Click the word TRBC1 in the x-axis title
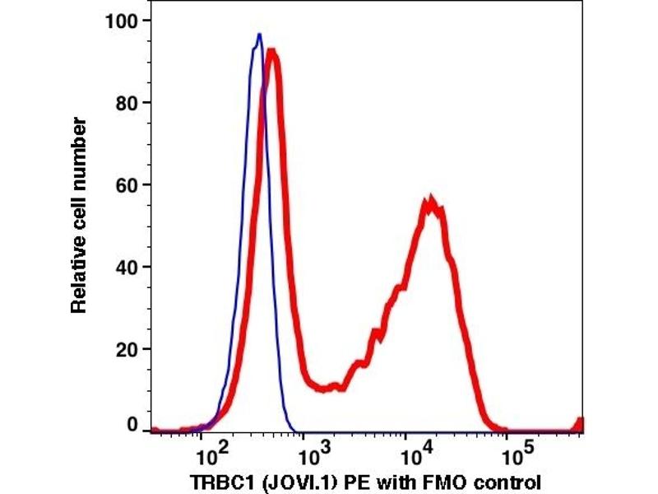(217, 481)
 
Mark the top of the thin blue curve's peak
(259, 35)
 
